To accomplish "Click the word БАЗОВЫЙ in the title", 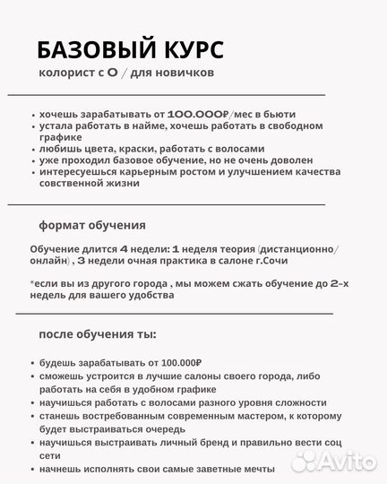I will pyautogui.click(x=97, y=48).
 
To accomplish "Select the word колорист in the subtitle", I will pyautogui.click(x=64, y=73).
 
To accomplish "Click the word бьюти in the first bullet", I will pyautogui.click(x=279, y=115).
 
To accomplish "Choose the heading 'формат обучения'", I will pyautogui.click(x=91, y=224).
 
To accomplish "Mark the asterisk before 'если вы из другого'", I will pyautogui.click(x=31, y=281).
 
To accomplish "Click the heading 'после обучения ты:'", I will pyautogui.click(x=97, y=334).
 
